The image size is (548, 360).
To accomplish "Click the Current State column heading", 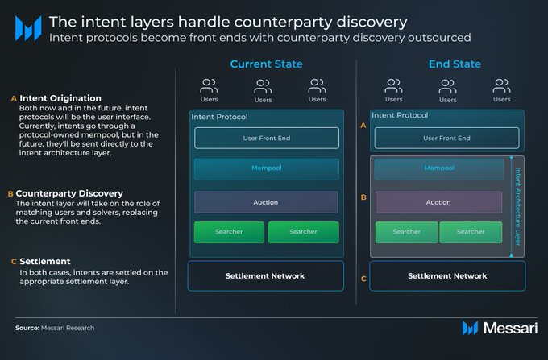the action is [266, 64].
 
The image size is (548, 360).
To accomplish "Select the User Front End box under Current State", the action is [266, 138].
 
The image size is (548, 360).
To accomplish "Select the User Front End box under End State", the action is [446, 138].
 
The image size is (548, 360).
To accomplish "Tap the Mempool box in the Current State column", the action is [266, 169].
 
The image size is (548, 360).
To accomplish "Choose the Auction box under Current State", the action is [266, 202].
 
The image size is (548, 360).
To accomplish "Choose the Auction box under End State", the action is [438, 202].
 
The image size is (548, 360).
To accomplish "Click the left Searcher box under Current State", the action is [229, 232].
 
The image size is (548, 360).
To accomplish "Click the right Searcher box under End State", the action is [470, 232].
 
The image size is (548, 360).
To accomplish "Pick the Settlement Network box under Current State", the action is [265, 275].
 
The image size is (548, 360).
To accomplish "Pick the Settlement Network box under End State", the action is [447, 275].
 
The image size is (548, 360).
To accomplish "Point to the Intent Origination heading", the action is [60, 98].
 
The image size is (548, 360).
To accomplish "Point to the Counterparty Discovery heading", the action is [69, 193].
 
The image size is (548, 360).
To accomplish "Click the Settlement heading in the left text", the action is [46, 261].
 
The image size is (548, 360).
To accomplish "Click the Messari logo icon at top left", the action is [28, 29].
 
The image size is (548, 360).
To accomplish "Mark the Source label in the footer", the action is [29, 328].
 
